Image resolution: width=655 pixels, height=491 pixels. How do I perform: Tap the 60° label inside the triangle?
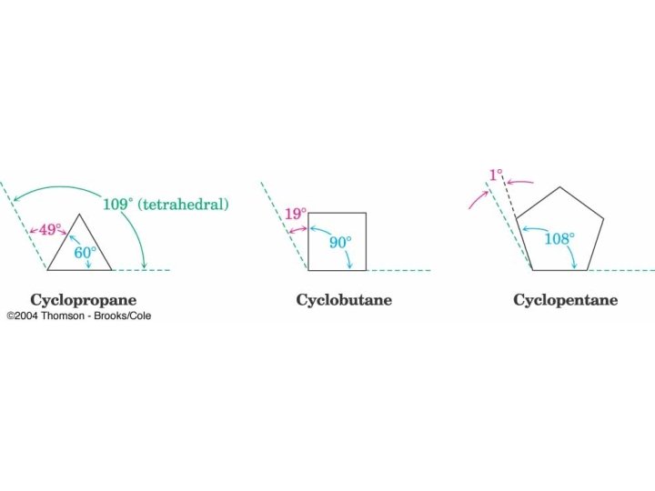(85, 252)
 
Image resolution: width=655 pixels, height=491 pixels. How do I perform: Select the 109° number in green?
(116, 204)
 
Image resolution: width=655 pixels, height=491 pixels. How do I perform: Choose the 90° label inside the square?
(340, 243)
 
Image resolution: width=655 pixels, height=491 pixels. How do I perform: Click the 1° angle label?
(496, 173)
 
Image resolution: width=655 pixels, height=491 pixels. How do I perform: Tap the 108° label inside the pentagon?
(559, 239)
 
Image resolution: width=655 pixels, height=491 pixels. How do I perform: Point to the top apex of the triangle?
(80, 215)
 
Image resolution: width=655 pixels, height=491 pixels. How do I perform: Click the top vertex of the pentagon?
(559, 188)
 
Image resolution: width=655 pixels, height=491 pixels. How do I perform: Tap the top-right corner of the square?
(367, 213)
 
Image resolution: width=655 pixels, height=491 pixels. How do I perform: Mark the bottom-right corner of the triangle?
(112, 270)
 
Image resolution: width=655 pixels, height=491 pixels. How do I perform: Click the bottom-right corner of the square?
(367, 270)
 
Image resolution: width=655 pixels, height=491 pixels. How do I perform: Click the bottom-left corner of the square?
(308, 270)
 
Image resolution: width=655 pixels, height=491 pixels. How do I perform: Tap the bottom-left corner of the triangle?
(48, 270)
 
